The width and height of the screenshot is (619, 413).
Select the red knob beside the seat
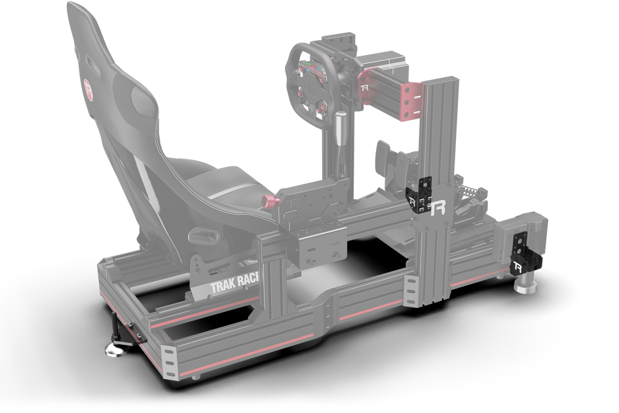[x=270, y=201]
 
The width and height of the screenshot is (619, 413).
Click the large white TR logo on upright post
[x=438, y=206]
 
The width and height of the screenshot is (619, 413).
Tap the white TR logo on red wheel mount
[x=367, y=85]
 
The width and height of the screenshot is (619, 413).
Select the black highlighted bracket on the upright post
[x=420, y=193]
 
